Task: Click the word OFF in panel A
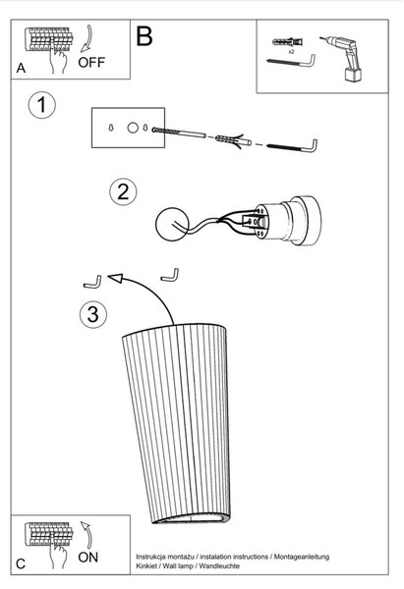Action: (91, 62)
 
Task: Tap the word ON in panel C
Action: (88, 557)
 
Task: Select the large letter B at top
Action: (144, 36)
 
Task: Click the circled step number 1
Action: (41, 105)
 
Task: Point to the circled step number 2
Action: (123, 191)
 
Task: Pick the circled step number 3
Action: (93, 314)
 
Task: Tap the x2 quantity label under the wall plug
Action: (291, 52)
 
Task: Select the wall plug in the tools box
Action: (287, 41)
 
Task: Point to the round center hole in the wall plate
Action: (133, 128)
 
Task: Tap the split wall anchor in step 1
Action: (233, 141)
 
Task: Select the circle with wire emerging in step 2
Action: (172, 225)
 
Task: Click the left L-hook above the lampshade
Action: (92, 283)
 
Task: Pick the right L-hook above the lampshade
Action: (170, 276)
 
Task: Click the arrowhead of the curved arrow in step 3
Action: (115, 278)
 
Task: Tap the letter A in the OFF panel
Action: (21, 68)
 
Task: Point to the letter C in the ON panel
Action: (21, 563)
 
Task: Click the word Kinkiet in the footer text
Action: (147, 565)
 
